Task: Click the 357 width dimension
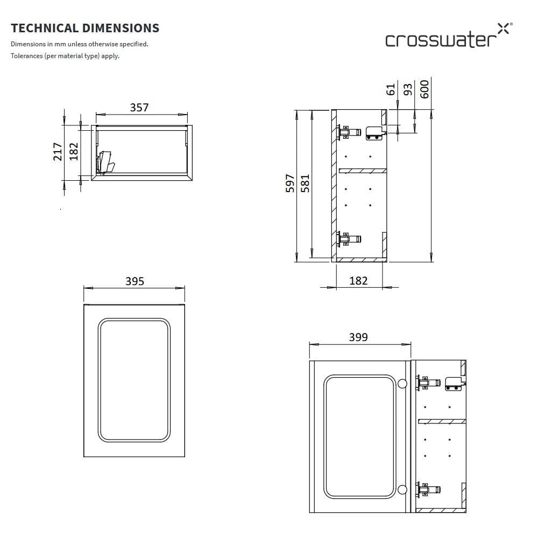[139, 108]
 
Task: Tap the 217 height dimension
[58, 151]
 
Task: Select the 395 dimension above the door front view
[134, 281]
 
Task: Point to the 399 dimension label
[358, 337]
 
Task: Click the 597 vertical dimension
[290, 184]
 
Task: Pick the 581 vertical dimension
[305, 184]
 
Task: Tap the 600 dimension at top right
[424, 89]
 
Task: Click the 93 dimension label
[408, 89]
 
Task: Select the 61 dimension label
[391, 89]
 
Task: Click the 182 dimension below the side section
[358, 280]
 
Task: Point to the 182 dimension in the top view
[74, 151]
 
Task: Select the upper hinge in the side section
[349, 131]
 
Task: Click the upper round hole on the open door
[402, 384]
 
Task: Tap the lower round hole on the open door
[402, 490]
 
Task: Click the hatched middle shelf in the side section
[362, 171]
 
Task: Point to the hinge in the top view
[105, 162]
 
